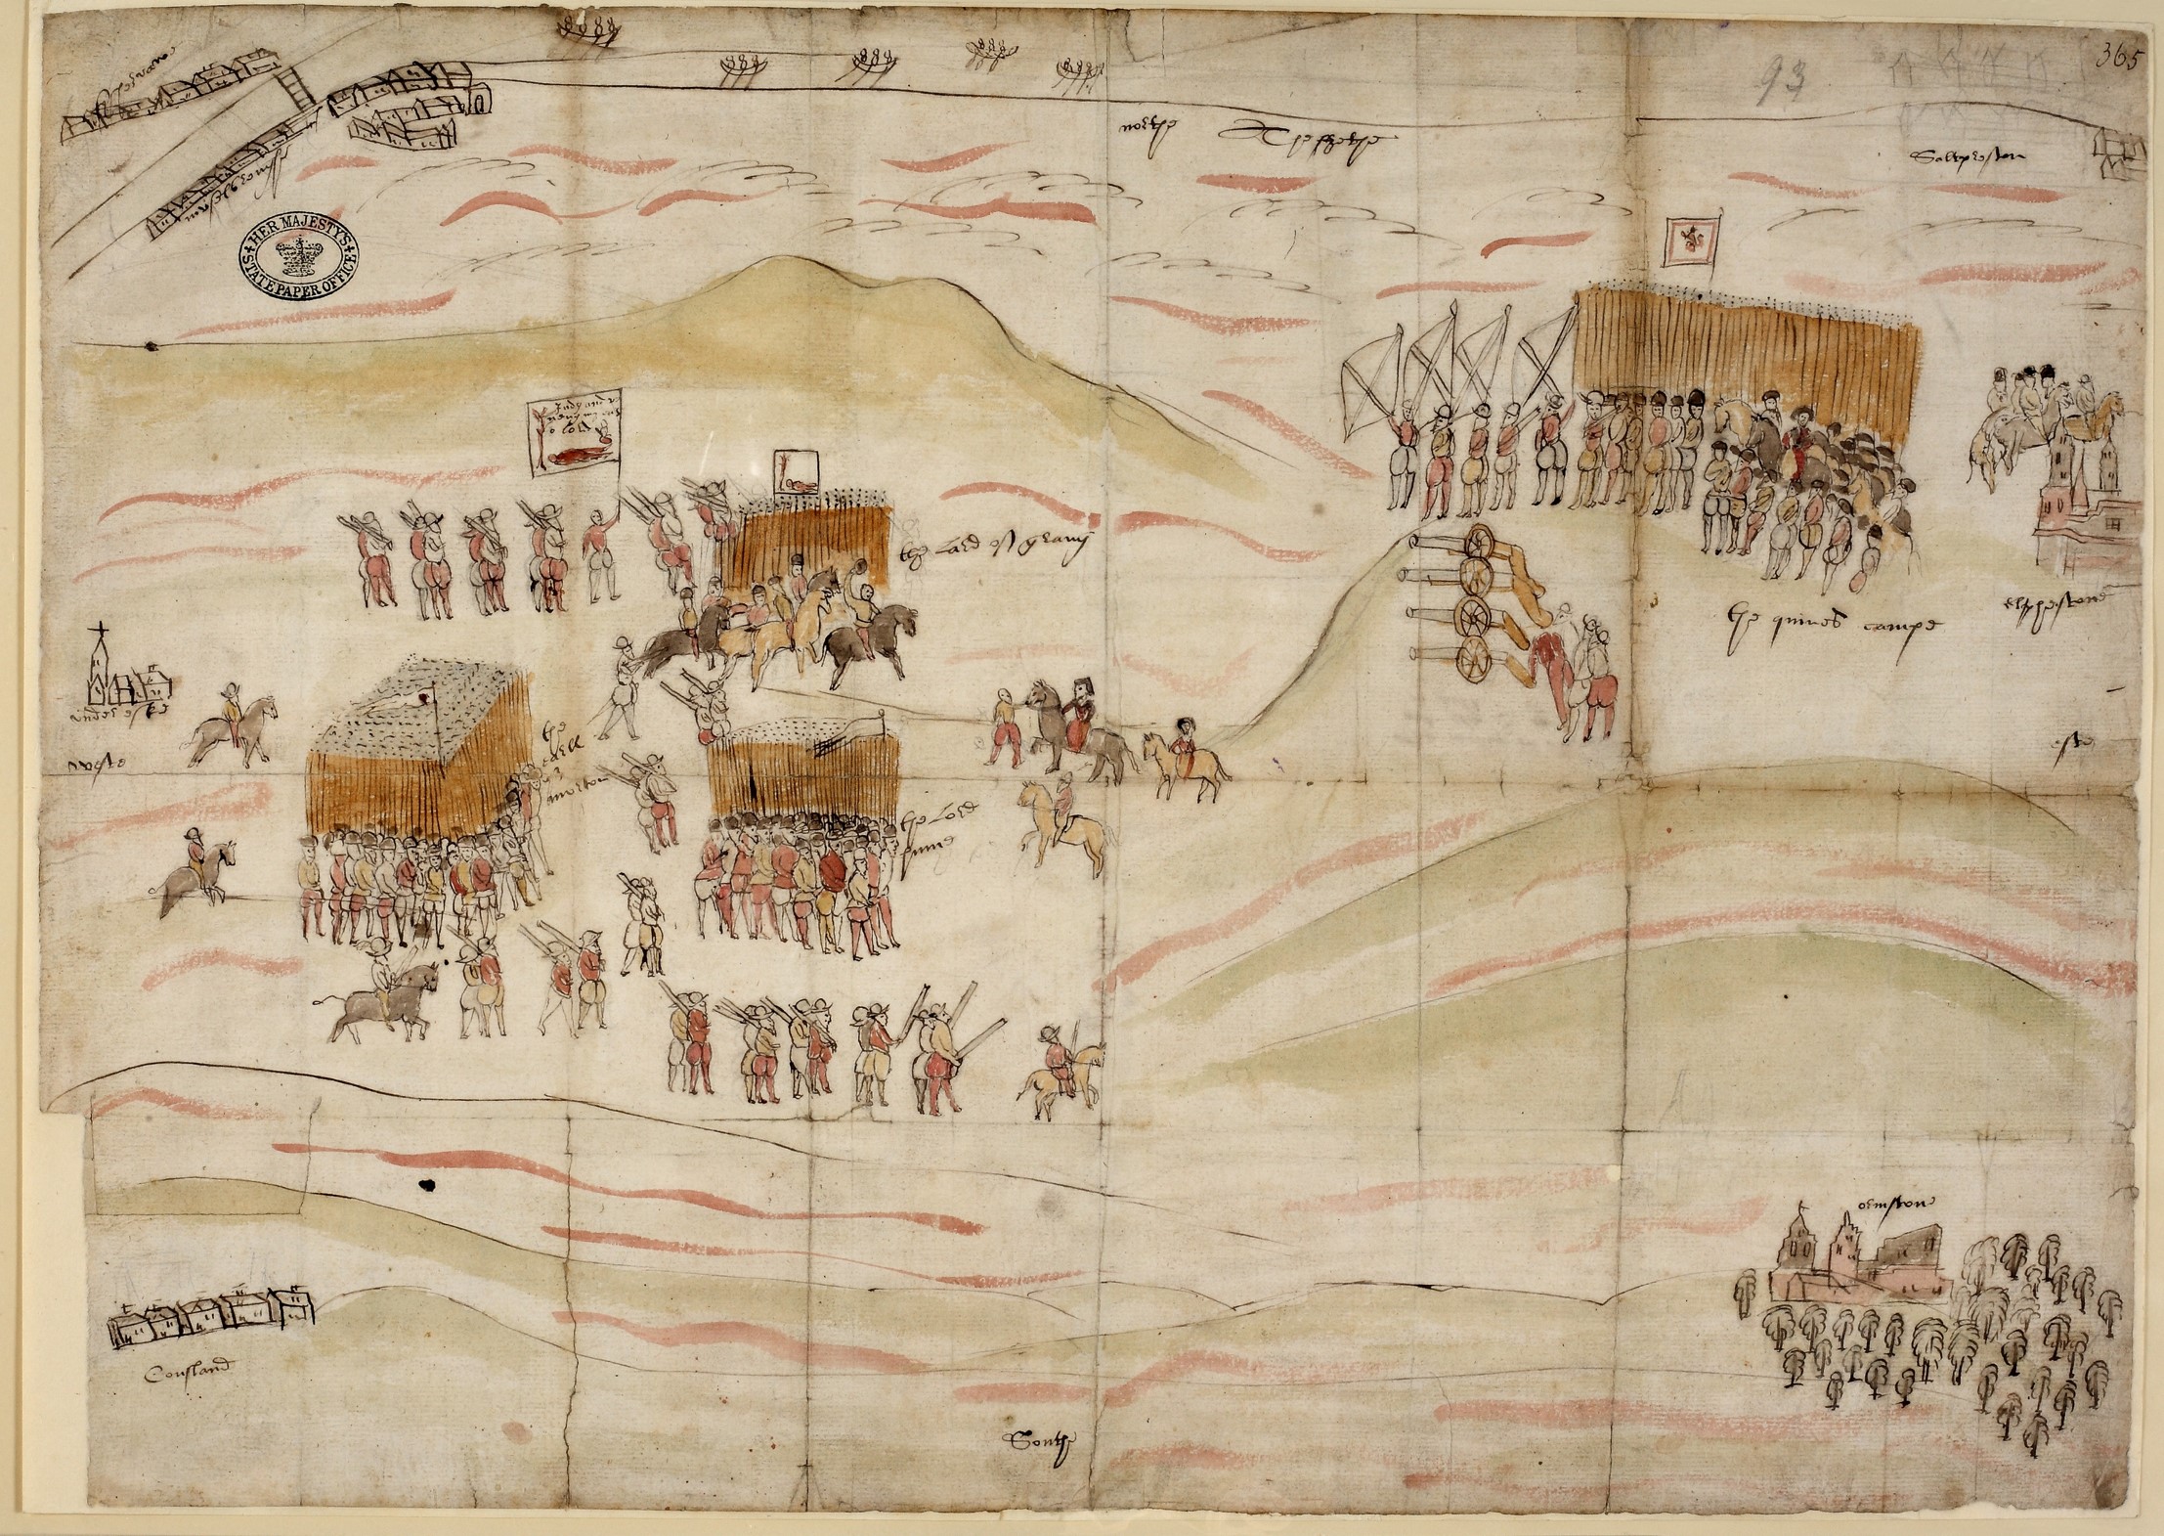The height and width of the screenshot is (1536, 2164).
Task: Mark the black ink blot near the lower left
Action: [425, 1186]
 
